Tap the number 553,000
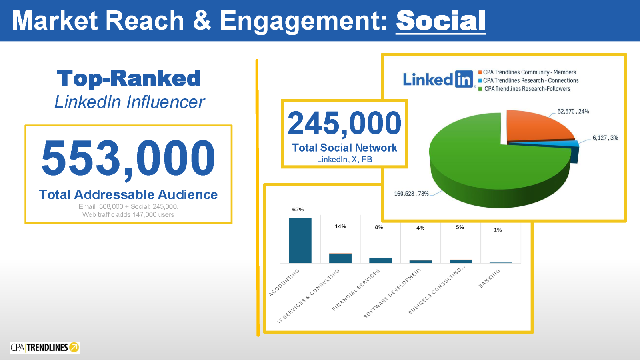[x=128, y=158]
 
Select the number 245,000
[x=344, y=123]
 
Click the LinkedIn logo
[x=438, y=79]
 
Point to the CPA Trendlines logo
[x=45, y=347]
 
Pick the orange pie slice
[x=536, y=126]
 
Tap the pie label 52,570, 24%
[x=573, y=111]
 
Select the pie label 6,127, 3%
[x=605, y=138]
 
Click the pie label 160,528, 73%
[x=411, y=194]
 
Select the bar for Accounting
[x=300, y=240]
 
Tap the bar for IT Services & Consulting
[x=340, y=258]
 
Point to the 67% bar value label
[x=298, y=209]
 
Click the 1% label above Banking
[x=498, y=230]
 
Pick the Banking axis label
[x=489, y=278]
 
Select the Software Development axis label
[x=392, y=293]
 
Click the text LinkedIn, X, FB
[x=344, y=159]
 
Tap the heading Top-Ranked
[x=129, y=78]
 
